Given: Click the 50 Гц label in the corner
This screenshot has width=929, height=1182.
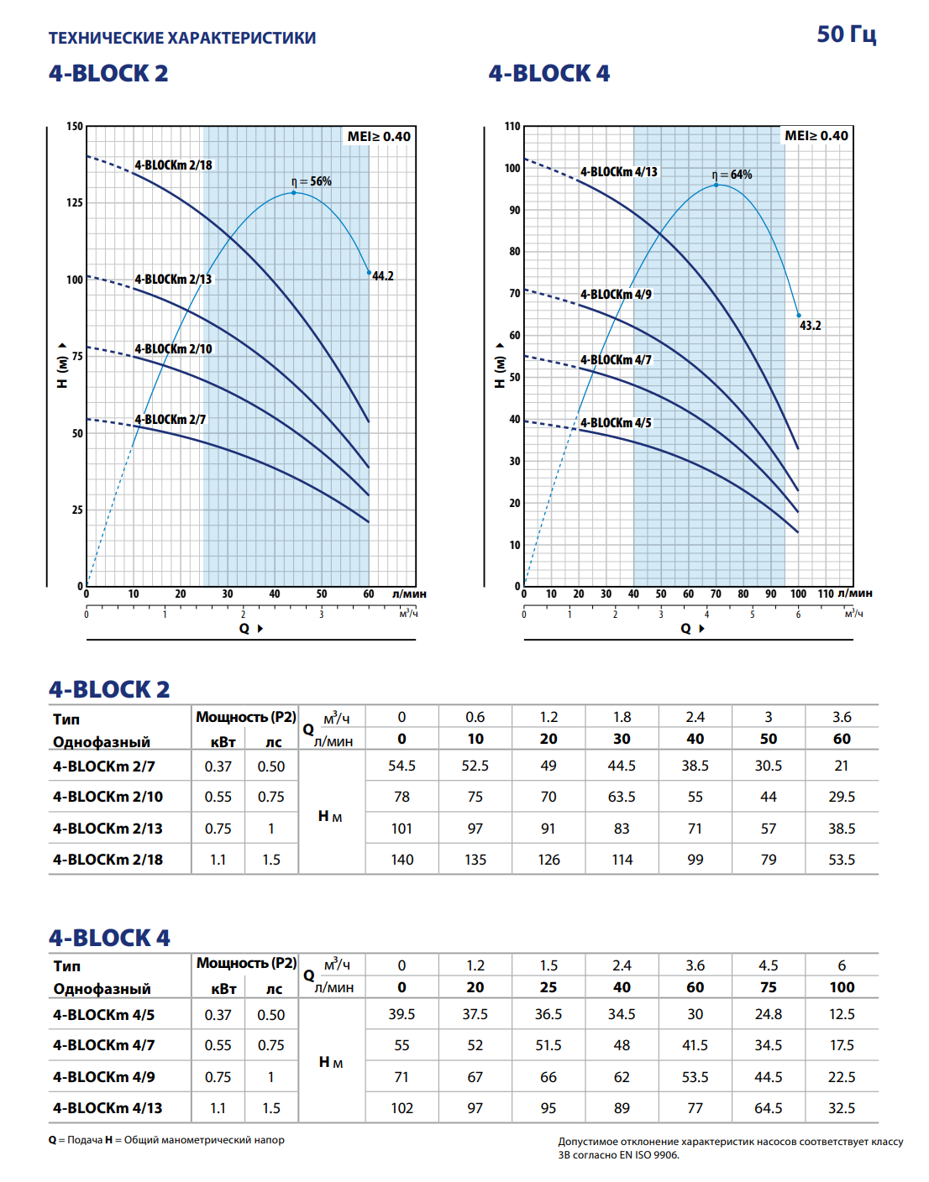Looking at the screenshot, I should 846,34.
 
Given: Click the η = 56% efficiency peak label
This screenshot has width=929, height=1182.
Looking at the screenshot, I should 312,181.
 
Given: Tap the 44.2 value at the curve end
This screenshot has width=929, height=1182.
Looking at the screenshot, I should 383,276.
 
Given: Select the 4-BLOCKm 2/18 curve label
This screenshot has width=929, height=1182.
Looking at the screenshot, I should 173,165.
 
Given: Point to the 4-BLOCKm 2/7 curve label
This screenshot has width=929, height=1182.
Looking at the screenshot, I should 170,420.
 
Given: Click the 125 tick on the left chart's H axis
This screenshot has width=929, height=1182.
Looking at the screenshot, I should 75,202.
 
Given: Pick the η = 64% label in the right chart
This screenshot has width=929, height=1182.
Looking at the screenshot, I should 732,175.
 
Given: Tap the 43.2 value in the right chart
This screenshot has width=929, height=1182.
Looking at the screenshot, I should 811,326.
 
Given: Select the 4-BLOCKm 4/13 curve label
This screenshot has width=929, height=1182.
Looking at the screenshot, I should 618,172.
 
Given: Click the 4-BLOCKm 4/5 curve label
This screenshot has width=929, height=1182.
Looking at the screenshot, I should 616,423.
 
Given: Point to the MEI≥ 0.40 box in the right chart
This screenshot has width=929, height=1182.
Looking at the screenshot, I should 816,136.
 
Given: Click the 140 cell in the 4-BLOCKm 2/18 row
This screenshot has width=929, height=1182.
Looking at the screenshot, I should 402,860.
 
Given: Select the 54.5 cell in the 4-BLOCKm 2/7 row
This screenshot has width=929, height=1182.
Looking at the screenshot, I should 402,766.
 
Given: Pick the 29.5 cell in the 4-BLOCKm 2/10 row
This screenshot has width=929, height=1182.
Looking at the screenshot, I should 841,797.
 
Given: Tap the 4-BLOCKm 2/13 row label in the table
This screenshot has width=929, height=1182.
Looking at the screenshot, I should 108,829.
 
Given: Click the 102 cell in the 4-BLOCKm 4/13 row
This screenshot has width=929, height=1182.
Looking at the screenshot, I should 402,1108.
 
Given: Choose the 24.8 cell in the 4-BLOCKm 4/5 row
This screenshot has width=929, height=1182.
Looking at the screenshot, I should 768,1014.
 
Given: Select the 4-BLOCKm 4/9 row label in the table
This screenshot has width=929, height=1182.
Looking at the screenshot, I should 104,1077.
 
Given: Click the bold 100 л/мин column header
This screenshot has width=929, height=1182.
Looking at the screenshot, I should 842,987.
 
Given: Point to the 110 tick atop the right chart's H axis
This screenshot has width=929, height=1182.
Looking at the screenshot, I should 512,126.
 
